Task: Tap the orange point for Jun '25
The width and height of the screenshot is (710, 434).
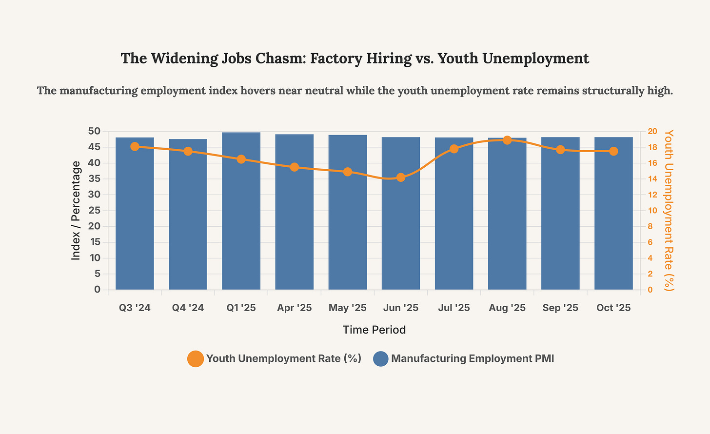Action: tap(401, 178)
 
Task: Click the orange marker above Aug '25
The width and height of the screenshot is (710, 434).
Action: tap(507, 140)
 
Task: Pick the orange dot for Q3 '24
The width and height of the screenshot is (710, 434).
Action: tap(135, 147)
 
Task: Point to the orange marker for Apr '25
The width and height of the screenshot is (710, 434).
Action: tap(294, 167)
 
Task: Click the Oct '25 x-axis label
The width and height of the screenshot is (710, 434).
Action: tap(613, 308)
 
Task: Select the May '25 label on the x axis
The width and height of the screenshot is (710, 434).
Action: tap(347, 308)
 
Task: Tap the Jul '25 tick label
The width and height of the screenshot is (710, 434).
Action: tap(454, 308)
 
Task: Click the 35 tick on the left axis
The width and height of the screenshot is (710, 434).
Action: tap(95, 178)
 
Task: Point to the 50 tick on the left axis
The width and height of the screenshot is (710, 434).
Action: tap(95, 131)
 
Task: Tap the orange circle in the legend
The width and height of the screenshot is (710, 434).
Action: tap(195, 359)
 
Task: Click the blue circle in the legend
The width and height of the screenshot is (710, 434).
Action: tap(380, 359)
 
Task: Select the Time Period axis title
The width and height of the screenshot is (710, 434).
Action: tap(374, 330)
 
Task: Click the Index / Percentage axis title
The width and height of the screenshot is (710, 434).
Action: tap(76, 211)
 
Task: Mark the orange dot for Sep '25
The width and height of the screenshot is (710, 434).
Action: tap(560, 150)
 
